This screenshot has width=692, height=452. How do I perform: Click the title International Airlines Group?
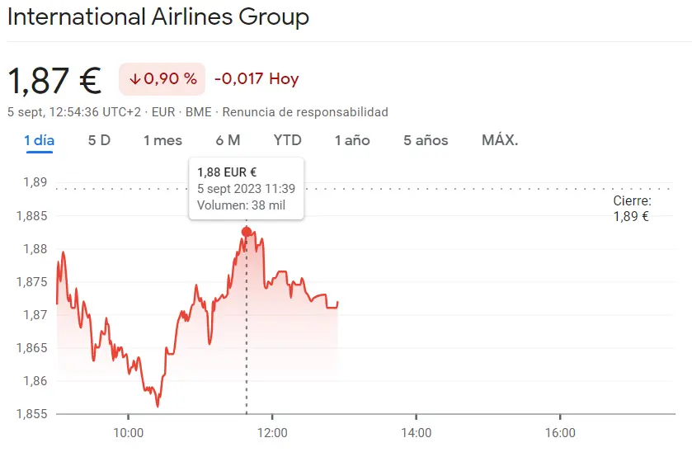point(158,16)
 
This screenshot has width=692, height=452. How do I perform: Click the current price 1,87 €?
point(54,80)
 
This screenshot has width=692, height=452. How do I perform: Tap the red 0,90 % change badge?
point(162,79)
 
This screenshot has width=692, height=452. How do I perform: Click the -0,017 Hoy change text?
point(257,79)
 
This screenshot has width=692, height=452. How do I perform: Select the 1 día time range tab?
point(39,140)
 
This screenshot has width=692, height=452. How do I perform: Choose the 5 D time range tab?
point(99,140)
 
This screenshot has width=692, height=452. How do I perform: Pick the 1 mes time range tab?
point(162,140)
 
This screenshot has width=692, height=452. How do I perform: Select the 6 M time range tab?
point(228,140)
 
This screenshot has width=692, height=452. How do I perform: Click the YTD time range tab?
point(287,140)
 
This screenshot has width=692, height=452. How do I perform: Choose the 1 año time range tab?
point(352,140)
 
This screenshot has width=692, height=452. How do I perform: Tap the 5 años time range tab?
point(426,140)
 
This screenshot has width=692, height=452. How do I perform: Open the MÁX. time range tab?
point(500,140)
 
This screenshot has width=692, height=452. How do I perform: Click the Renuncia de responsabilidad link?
point(305,111)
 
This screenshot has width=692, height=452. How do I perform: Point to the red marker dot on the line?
point(247,232)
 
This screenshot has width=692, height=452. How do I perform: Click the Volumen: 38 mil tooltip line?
point(241,205)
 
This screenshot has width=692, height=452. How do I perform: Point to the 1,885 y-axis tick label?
point(31,216)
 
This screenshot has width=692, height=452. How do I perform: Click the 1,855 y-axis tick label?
point(31,414)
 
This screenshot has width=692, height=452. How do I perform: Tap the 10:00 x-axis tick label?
point(128,432)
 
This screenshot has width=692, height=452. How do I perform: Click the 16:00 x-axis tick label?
point(560,432)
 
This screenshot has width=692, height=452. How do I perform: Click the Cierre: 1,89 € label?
point(631,209)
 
